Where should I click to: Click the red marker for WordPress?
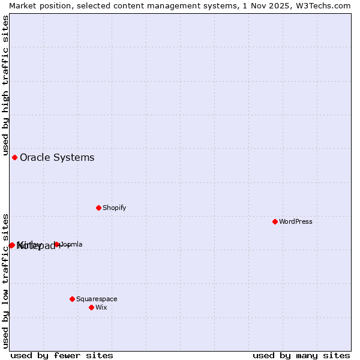(275, 221)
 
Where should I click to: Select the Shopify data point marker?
(98, 208)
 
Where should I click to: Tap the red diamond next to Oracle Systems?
(14, 157)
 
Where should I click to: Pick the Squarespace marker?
(72, 299)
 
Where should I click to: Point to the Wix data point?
(91, 307)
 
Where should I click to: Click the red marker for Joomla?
(57, 244)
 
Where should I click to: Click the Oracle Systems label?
(57, 157)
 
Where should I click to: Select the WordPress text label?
(296, 221)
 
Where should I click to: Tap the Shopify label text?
(115, 208)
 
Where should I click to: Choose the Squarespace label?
(97, 299)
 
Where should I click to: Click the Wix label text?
(101, 307)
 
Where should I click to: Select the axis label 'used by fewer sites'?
(62, 355)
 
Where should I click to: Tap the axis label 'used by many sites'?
(301, 355)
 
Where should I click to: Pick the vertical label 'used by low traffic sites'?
(5, 280)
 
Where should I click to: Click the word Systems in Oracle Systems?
(75, 157)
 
